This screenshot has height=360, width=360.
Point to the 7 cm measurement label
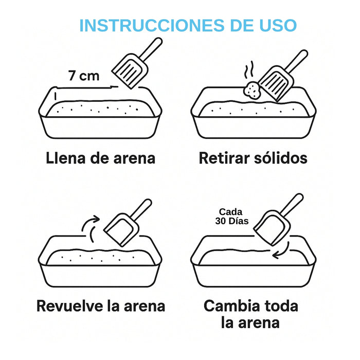point(83,76)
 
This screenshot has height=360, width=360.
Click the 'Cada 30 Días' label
point(233,216)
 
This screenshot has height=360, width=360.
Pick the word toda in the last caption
point(279,306)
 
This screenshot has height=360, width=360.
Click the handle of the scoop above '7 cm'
point(150,50)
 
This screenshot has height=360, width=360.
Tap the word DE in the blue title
point(236,25)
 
